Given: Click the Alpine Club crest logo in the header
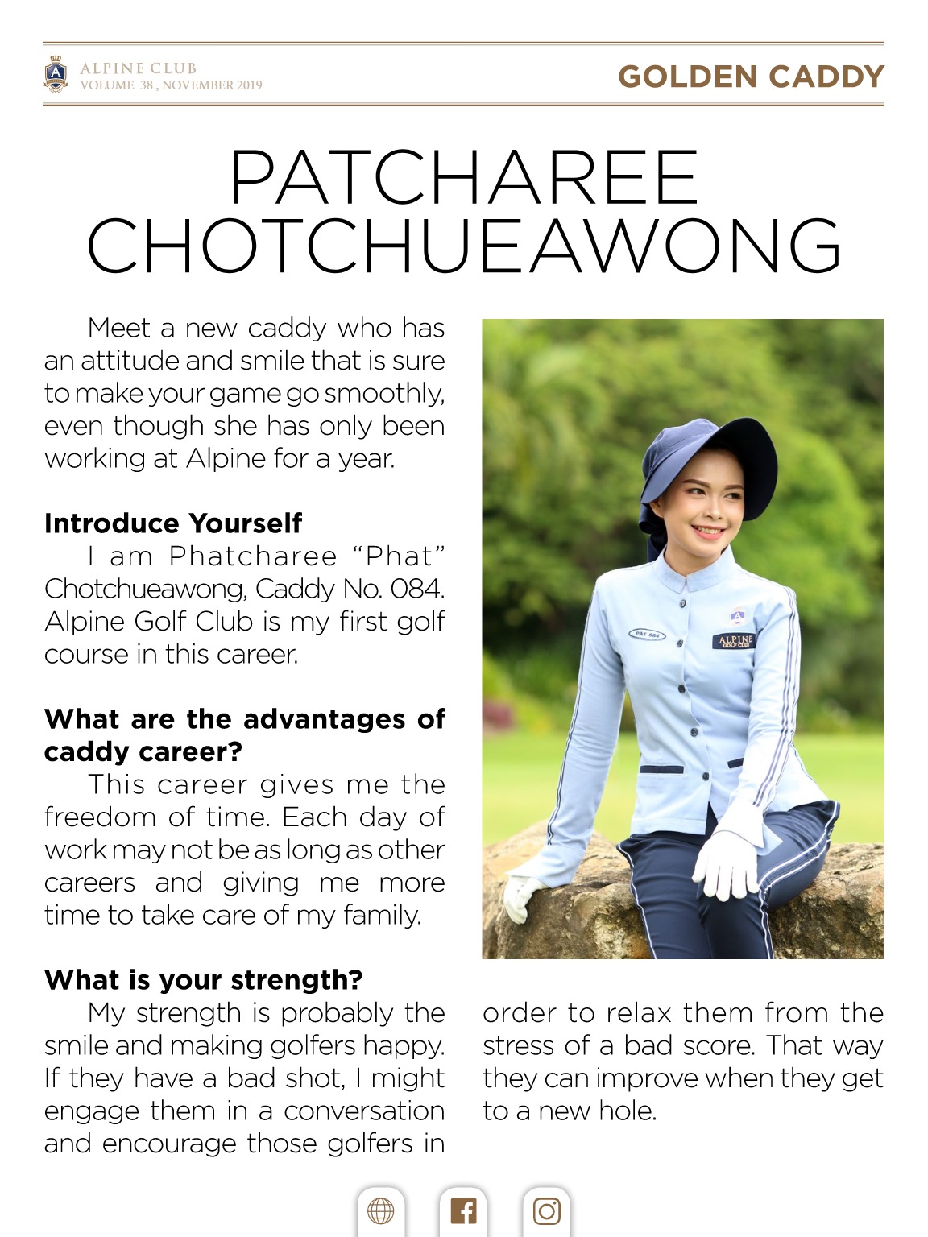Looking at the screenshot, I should pyautogui.click(x=56, y=74).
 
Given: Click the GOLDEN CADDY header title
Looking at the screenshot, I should pyautogui.click(x=751, y=77).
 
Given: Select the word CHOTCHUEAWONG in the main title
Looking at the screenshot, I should pyautogui.click(x=464, y=246).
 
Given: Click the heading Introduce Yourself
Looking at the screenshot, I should pyautogui.click(x=173, y=523).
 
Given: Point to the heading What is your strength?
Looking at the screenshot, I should pyautogui.click(x=203, y=980).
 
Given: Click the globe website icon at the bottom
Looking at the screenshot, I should pyautogui.click(x=380, y=1210).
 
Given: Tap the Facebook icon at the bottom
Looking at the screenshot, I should pyautogui.click(x=463, y=1210).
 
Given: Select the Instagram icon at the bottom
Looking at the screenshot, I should pyautogui.click(x=546, y=1210).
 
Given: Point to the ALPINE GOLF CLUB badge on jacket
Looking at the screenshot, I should pyautogui.click(x=734, y=641).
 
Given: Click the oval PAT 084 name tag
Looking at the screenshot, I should pyautogui.click(x=648, y=635).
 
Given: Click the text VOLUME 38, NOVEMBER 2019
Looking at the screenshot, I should pyautogui.click(x=171, y=85).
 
